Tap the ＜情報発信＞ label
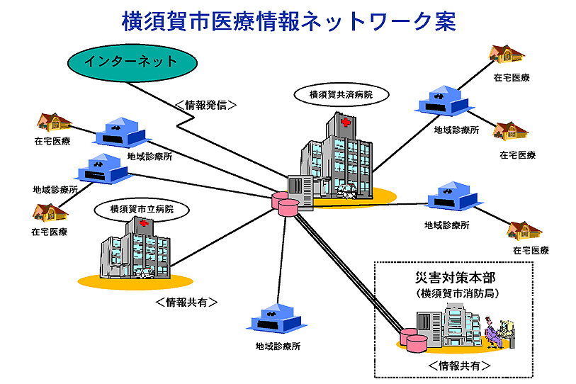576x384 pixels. pyautogui.click(x=205, y=105)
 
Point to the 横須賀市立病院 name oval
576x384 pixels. pyautogui.click(x=142, y=209)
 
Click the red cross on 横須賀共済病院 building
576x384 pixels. pyautogui.click(x=345, y=123)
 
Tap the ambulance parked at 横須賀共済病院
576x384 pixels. pyautogui.click(x=347, y=191)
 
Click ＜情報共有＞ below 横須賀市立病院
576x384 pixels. pyautogui.click(x=186, y=302)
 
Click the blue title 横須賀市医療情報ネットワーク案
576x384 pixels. pyautogui.click(x=288, y=20)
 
